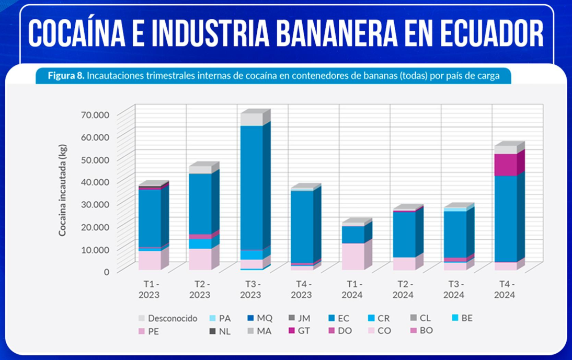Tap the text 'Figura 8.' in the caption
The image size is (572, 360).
65,76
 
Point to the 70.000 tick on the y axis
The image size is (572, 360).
95,114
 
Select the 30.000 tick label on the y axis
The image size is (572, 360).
95,204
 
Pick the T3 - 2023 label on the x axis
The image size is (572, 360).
250,289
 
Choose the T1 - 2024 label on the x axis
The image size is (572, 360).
352,289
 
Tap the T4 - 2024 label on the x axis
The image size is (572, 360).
505,289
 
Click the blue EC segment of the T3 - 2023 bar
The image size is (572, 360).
251,188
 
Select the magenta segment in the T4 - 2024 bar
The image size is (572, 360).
505,165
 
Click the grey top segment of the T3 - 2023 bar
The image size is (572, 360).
251,119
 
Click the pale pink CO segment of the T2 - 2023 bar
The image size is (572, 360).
200,259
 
